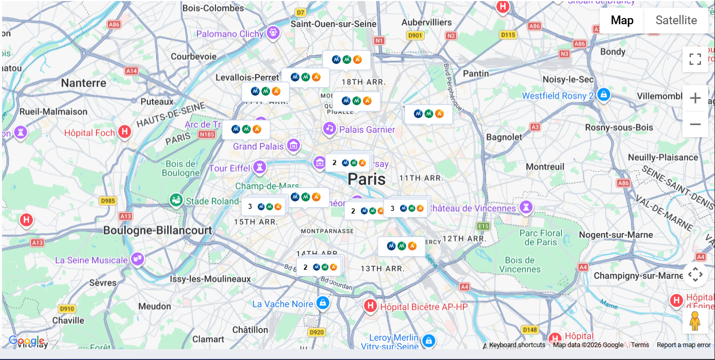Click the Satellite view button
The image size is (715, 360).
676,21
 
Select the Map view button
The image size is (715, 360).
622,21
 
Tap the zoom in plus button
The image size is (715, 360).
695,98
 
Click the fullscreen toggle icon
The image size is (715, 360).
695,59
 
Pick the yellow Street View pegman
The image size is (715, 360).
695,321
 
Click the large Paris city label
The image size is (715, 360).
366,179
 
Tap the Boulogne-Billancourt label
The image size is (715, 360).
158,230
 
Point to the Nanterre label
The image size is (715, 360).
84,83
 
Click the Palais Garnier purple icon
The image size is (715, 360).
329,128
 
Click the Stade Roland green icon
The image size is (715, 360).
176,200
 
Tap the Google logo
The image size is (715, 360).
26,341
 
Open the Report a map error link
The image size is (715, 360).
683,345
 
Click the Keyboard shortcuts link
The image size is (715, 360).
517,345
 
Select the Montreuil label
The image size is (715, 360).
545,167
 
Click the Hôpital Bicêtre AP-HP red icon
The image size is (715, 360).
370,306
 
